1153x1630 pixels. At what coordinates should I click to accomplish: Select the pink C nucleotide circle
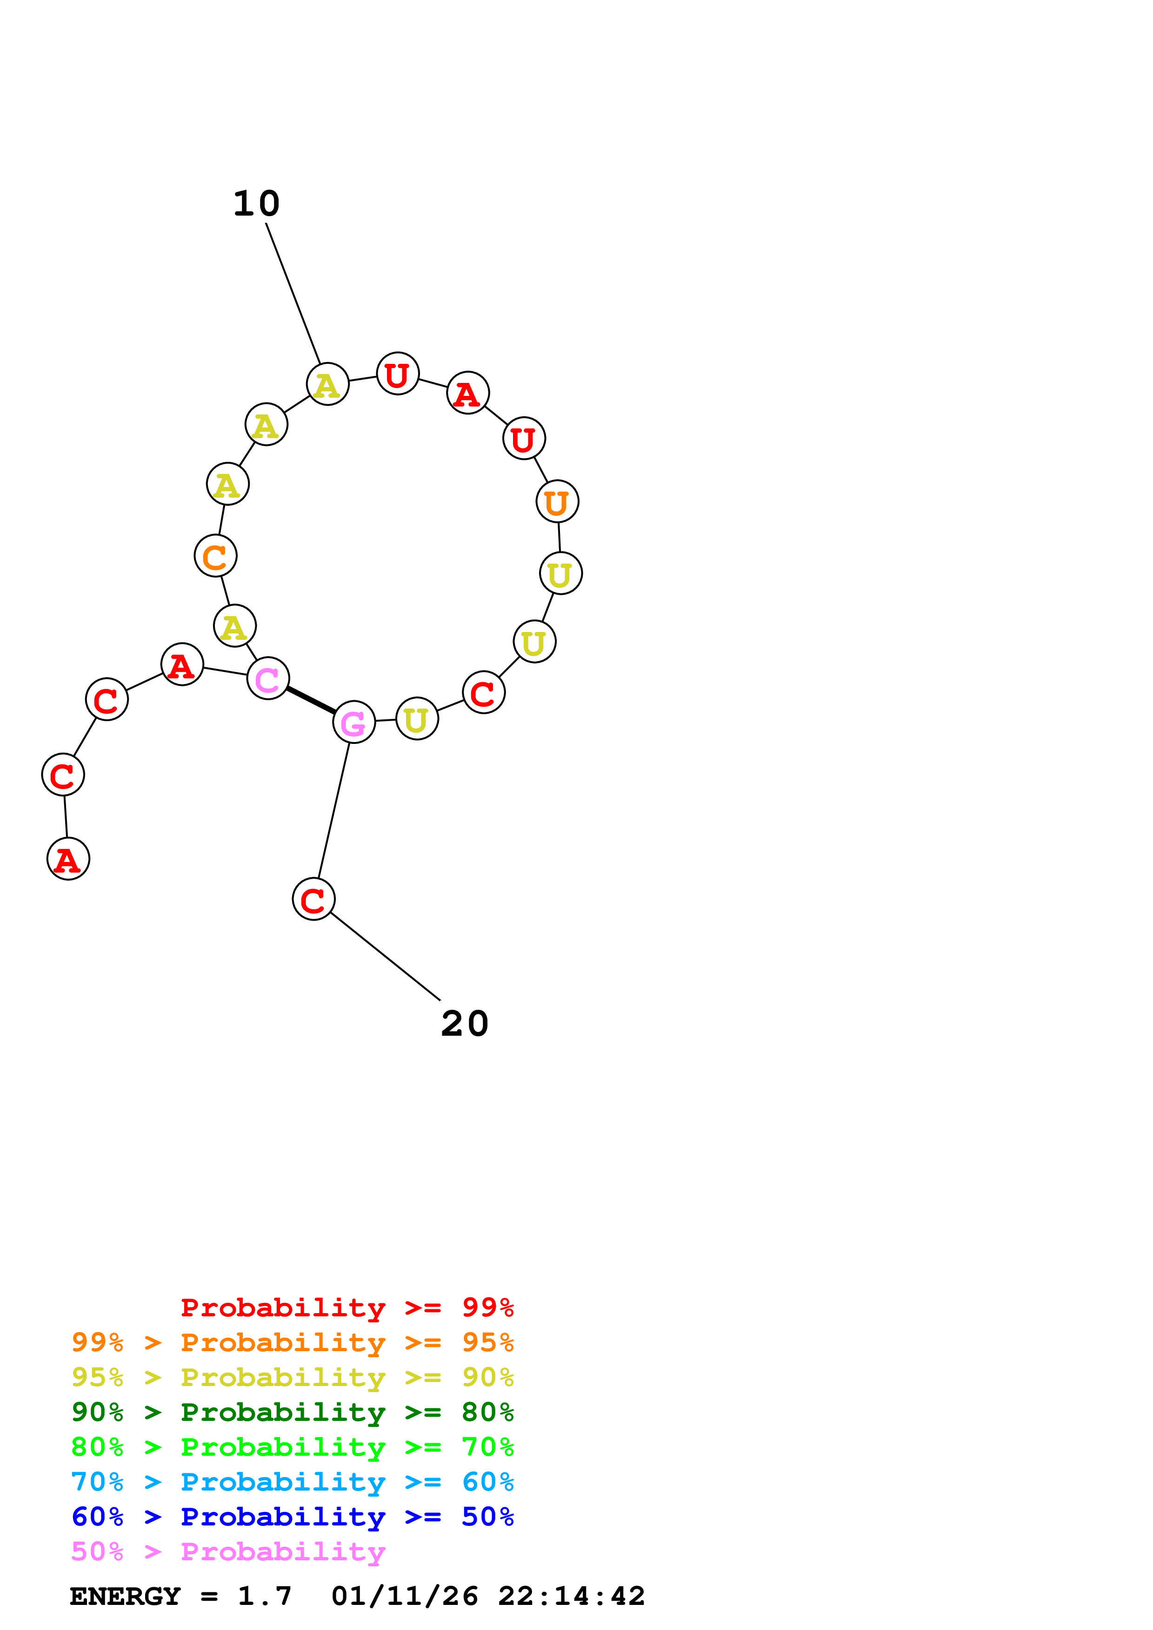268,679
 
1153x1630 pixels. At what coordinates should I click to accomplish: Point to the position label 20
465,1024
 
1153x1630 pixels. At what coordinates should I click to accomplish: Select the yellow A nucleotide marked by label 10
327,384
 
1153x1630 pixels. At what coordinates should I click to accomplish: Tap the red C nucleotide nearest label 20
313,900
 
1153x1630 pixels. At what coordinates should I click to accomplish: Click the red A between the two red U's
467,393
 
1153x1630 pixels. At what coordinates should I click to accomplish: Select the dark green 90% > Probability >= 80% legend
292,1412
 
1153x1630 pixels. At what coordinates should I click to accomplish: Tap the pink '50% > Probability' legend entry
228,1552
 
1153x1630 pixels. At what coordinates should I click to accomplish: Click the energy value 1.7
264,1597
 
